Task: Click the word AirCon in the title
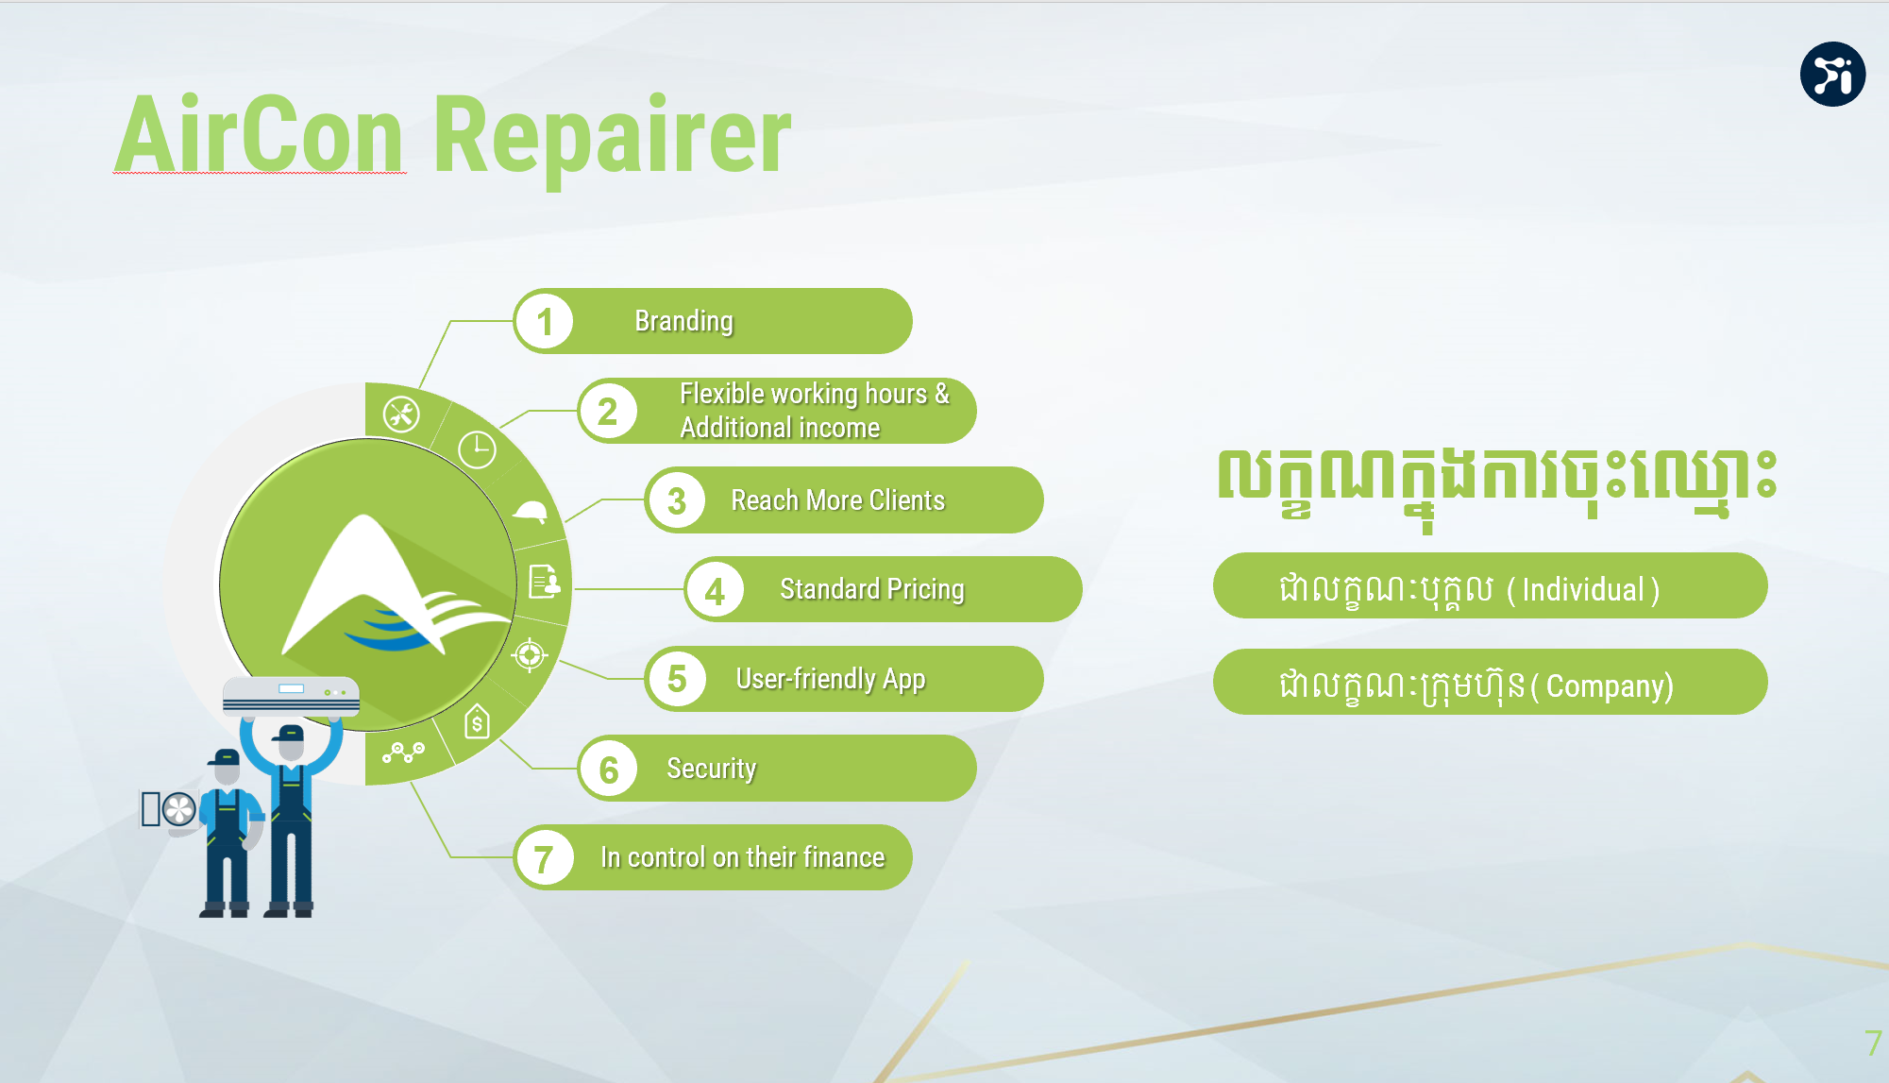click(x=260, y=134)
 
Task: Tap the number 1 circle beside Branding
click(x=545, y=321)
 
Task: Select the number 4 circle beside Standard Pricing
click(x=715, y=590)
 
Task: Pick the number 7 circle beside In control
click(x=545, y=858)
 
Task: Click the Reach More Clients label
click(x=837, y=500)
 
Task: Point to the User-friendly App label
click(x=831, y=680)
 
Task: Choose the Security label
click(x=711, y=769)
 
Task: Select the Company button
click(x=1490, y=683)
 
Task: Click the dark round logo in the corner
click(x=1832, y=74)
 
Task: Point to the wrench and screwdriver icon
click(x=401, y=414)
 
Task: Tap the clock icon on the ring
click(x=477, y=449)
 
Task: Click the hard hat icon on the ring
click(x=530, y=511)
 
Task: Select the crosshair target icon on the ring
click(x=530, y=653)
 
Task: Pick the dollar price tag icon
click(x=477, y=722)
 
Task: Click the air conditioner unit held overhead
click(x=291, y=696)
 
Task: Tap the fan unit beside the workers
click(x=169, y=809)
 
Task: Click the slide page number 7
click(x=1873, y=1042)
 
